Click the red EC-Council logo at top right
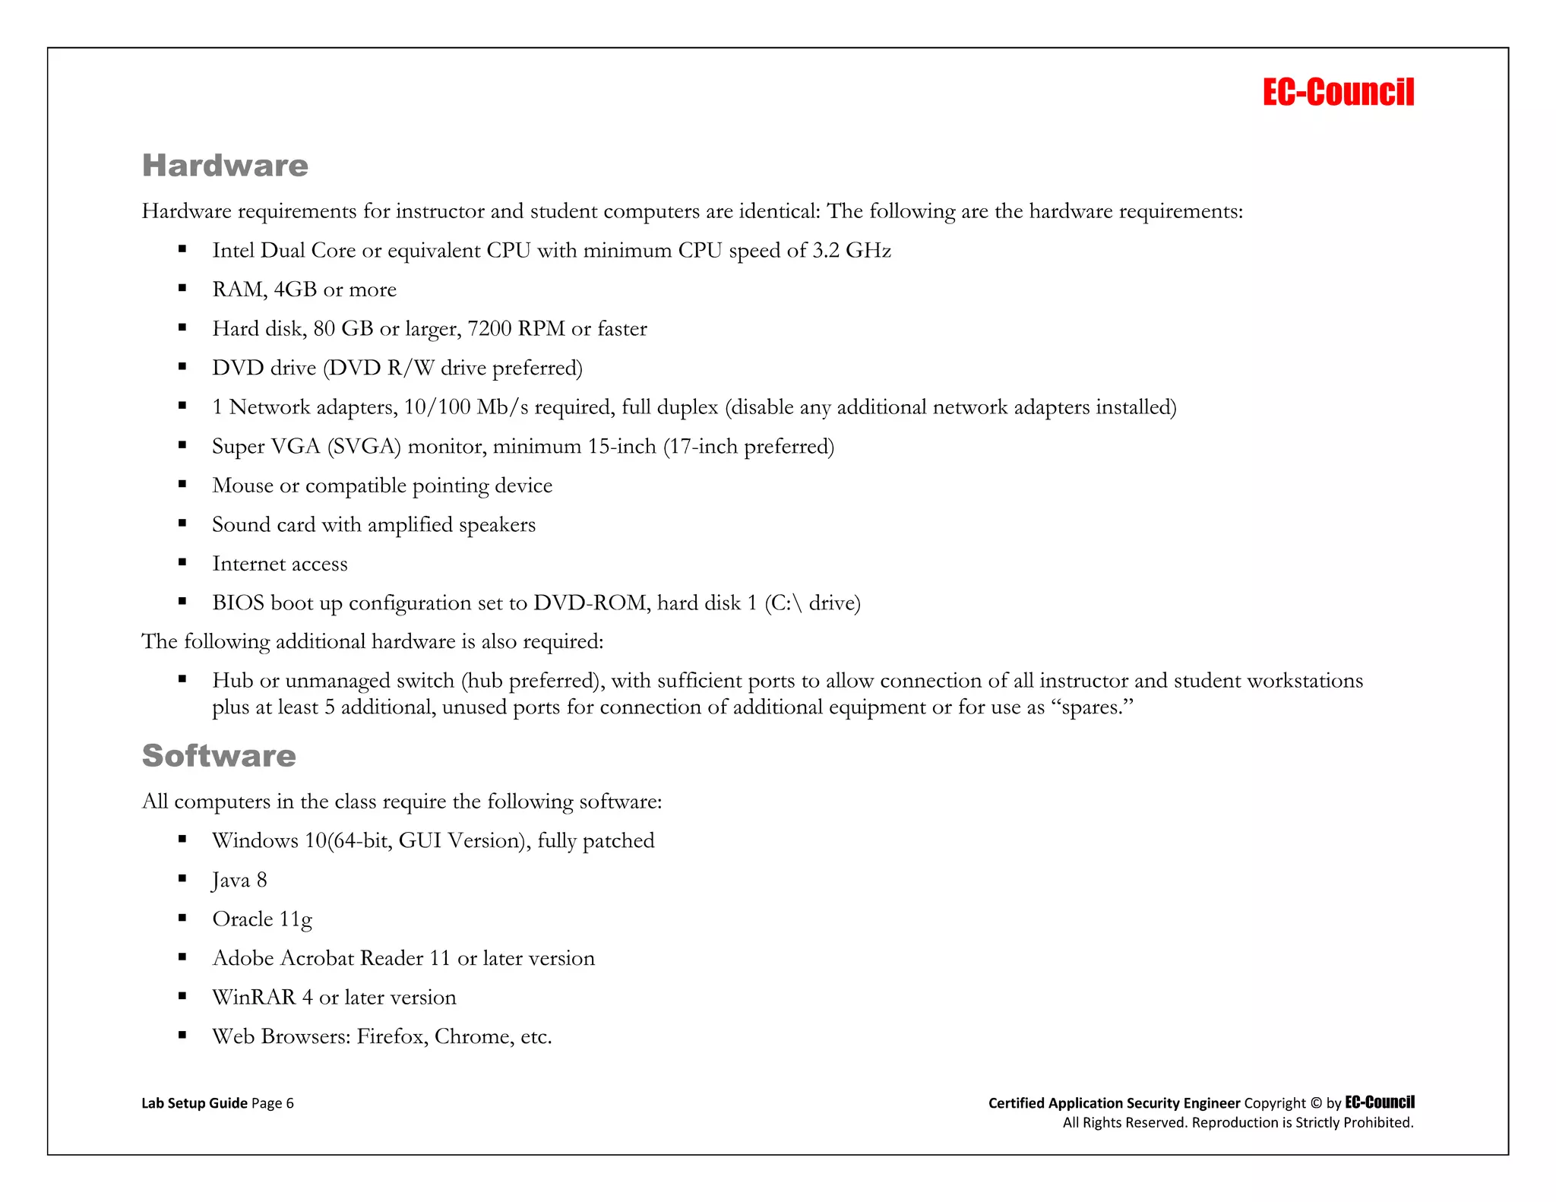[1338, 92]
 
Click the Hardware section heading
[225, 166]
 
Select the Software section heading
[219, 756]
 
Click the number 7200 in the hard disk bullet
[489, 329]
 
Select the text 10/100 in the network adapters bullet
[437, 407]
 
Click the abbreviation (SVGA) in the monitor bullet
[364, 447]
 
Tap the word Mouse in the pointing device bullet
[242, 486]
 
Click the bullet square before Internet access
[182, 563]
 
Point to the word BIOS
[238, 603]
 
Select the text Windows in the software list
[255, 841]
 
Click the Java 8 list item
[239, 881]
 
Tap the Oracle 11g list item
[262, 919]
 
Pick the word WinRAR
[254, 998]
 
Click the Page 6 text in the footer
[272, 1103]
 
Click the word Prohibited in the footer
[1378, 1123]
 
